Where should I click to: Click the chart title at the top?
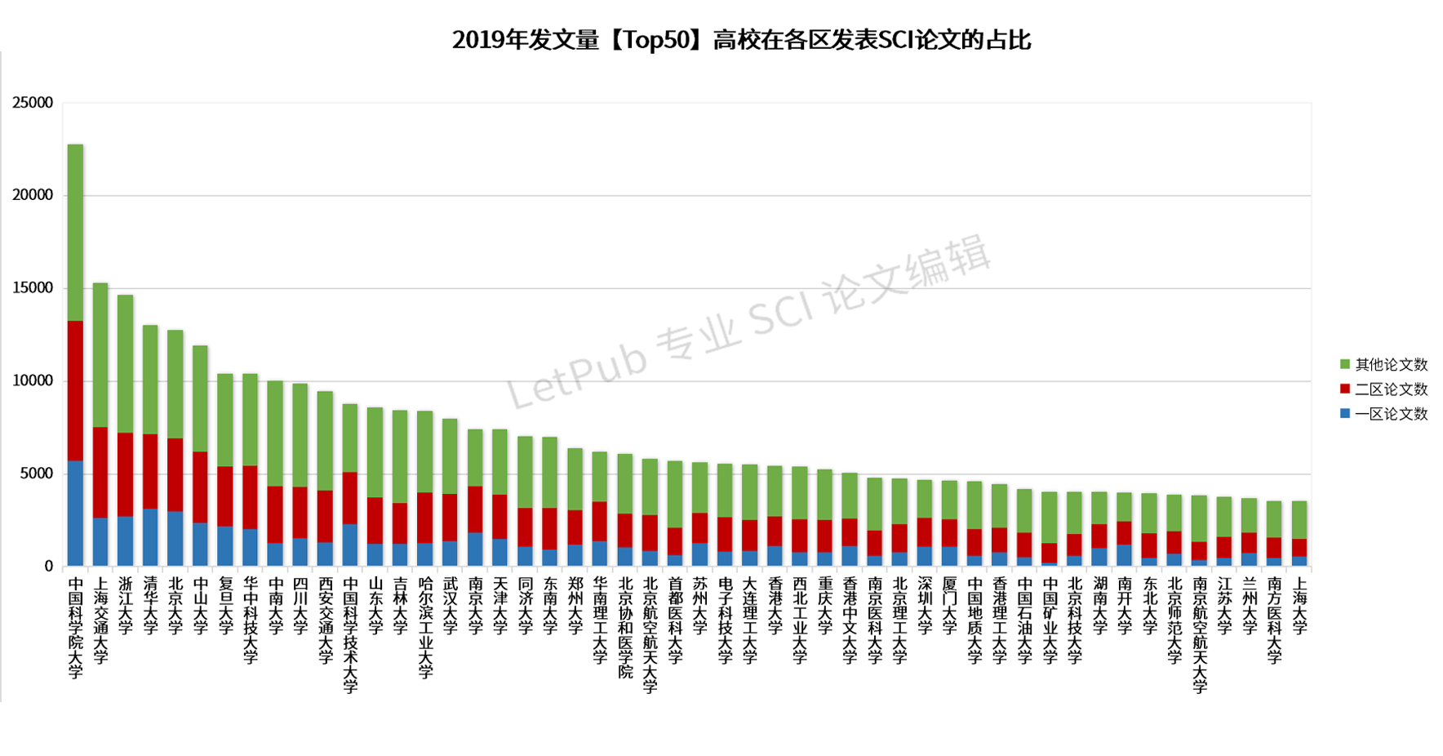click(741, 39)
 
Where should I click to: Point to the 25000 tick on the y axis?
click(33, 103)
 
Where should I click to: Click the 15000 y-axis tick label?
click(33, 288)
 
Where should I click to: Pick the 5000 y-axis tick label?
click(37, 474)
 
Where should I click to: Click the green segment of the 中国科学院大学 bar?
click(75, 233)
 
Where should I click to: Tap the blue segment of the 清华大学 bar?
click(150, 537)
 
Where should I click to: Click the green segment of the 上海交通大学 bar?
click(100, 355)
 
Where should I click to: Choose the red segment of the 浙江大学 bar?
click(125, 474)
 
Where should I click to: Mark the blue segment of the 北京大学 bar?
click(175, 539)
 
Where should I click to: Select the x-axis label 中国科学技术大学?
click(350, 634)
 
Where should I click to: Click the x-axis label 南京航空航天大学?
click(1199, 634)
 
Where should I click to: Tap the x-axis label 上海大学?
click(1299, 605)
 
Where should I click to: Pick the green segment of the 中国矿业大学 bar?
click(1050, 517)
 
